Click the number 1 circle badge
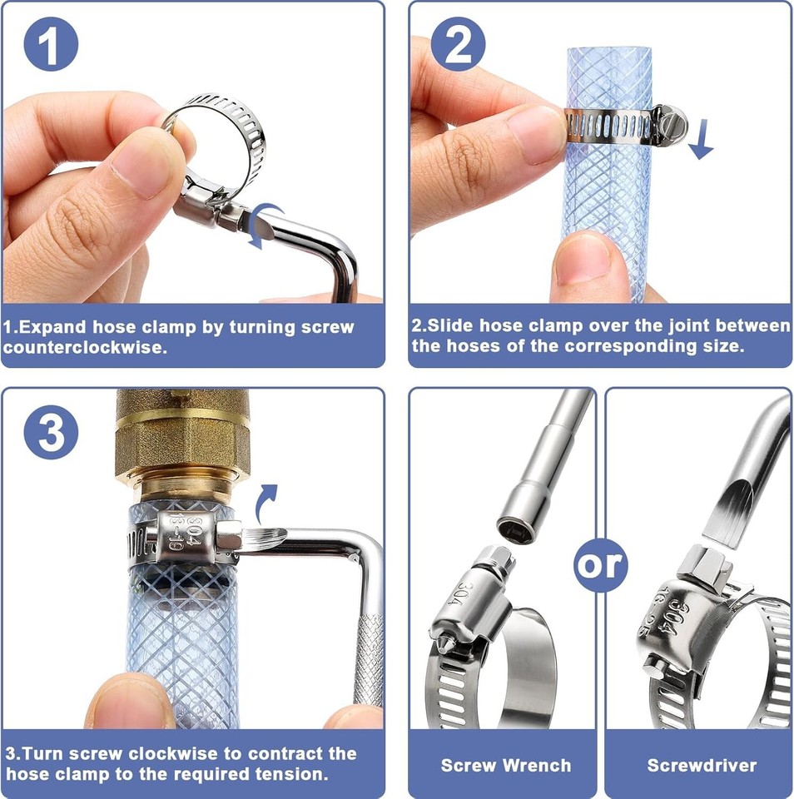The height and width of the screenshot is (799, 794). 51,44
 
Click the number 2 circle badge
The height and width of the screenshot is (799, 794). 458,44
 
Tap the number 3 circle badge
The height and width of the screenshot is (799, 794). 51,432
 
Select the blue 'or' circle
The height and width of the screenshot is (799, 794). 601,564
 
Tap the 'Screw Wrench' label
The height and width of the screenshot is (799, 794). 506,766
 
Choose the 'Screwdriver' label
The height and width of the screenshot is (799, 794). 702,766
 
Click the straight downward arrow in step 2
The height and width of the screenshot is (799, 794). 702,139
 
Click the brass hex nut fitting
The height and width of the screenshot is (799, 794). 183,449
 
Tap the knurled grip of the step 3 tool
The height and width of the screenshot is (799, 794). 369,660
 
